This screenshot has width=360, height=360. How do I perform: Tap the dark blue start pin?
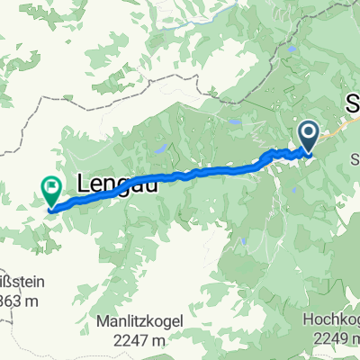tap(308, 138)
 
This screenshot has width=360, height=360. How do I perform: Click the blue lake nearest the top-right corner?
tap(292, 49)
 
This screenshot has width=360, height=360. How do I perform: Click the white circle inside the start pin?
tap(308, 135)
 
